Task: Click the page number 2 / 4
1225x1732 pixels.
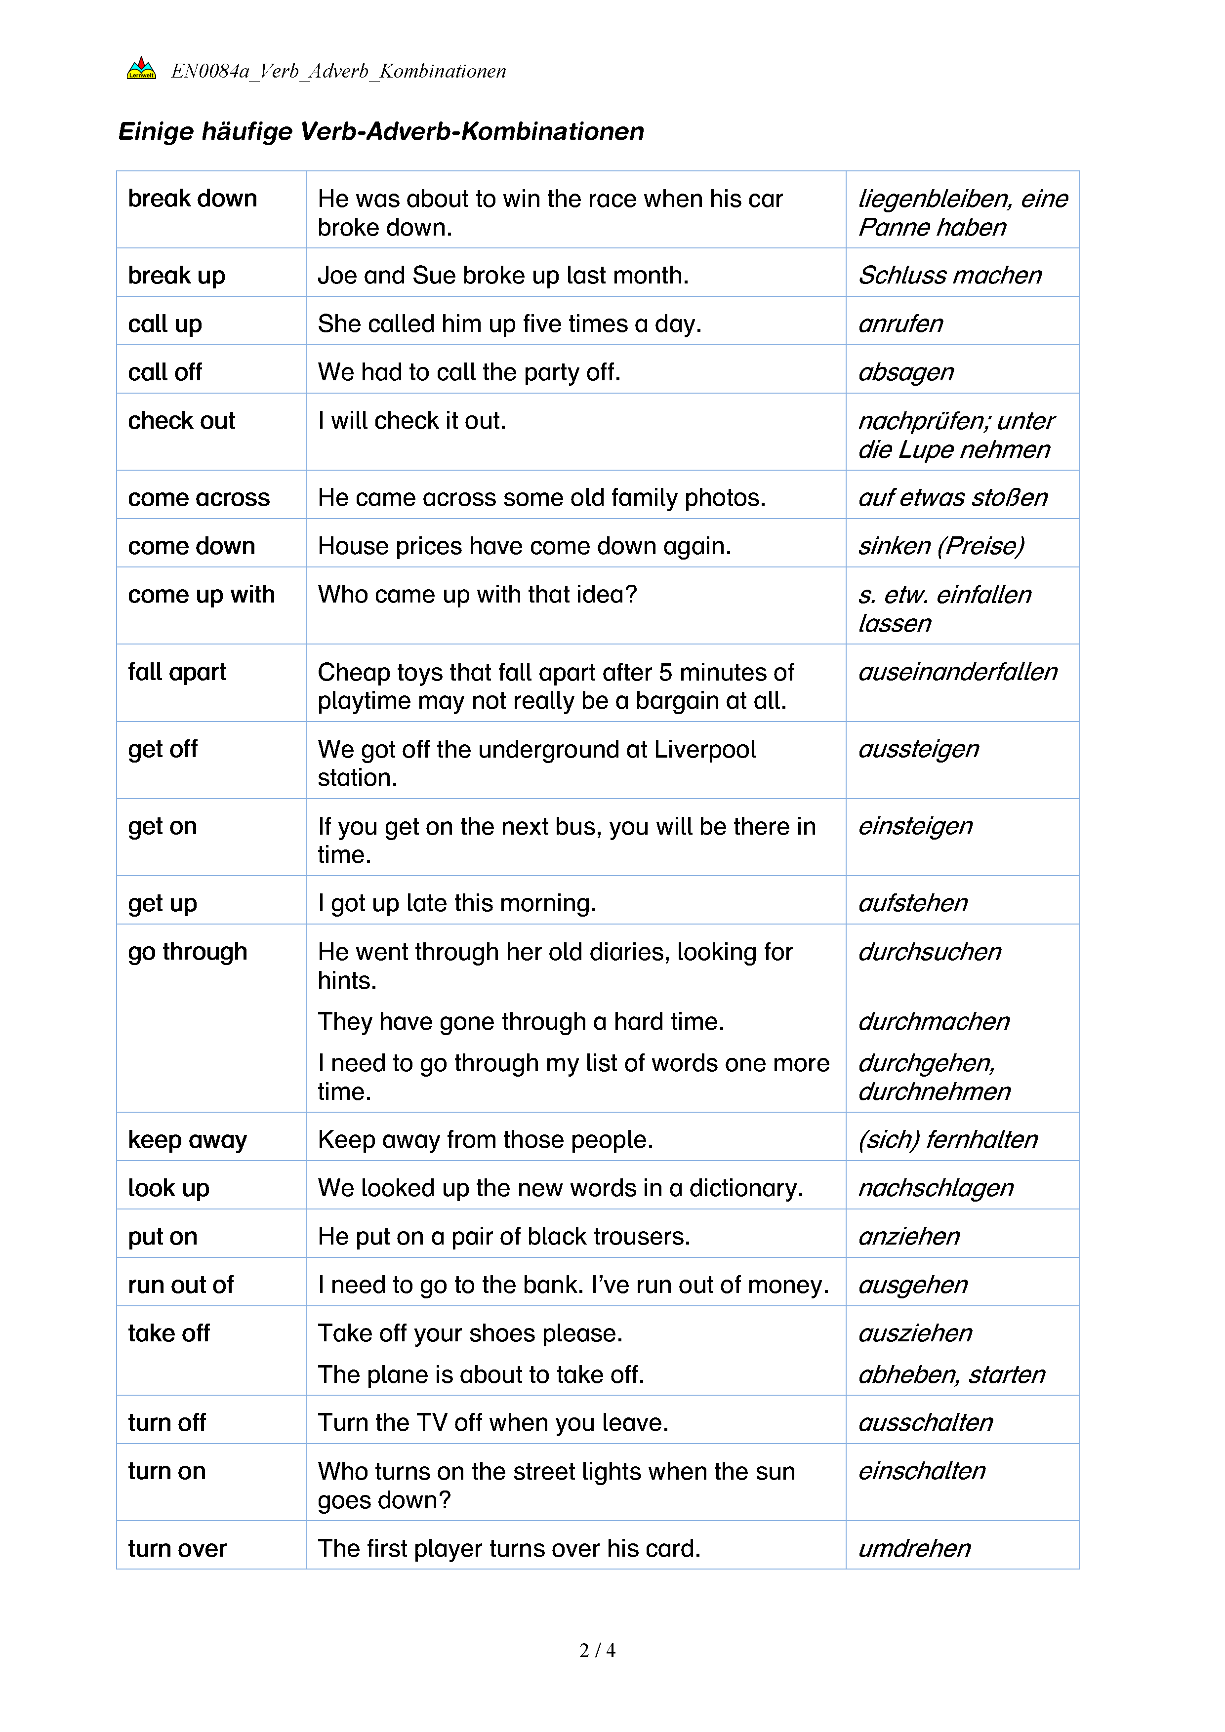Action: click(x=597, y=1650)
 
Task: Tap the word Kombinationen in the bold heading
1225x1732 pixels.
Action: click(x=552, y=131)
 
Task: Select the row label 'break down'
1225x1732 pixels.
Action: click(x=192, y=199)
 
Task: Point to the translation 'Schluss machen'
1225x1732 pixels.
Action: click(x=950, y=276)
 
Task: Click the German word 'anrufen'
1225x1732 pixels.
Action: click(x=900, y=323)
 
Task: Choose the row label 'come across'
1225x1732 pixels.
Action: click(x=199, y=498)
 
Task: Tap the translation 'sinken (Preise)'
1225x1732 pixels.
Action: click(x=940, y=546)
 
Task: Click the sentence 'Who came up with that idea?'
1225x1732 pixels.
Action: click(x=477, y=595)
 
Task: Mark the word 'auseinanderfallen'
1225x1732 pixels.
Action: click(x=958, y=672)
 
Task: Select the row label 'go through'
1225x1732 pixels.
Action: click(x=187, y=952)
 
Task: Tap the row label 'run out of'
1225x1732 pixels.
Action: click(x=181, y=1285)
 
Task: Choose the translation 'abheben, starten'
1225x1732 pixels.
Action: click(x=952, y=1374)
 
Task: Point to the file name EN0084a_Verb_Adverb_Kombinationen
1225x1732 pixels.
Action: click(x=338, y=71)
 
